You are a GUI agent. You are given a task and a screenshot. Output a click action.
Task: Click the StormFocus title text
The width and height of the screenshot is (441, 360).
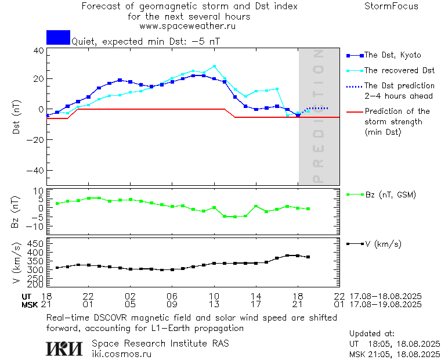(x=391, y=6)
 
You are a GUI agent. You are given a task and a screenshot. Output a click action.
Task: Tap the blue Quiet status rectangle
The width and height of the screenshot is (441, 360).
(x=58, y=37)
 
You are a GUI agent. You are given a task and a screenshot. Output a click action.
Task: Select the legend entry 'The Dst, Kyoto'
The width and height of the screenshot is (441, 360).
(x=392, y=55)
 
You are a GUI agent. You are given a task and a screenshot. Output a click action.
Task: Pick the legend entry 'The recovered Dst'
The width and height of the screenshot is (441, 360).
(x=399, y=70)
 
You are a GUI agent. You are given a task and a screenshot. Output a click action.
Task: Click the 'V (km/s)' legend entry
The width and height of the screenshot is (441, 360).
(x=383, y=244)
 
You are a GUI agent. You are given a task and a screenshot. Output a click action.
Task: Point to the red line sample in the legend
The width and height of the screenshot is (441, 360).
(x=354, y=111)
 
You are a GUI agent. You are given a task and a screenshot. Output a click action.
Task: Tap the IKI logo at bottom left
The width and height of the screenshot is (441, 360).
(x=64, y=348)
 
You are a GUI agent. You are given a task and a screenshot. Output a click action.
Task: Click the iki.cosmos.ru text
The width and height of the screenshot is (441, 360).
(x=121, y=353)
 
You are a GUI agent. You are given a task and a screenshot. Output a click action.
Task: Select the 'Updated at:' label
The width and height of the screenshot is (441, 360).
(x=371, y=334)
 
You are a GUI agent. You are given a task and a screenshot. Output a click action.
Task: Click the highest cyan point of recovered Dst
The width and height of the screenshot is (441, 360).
(x=214, y=66)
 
